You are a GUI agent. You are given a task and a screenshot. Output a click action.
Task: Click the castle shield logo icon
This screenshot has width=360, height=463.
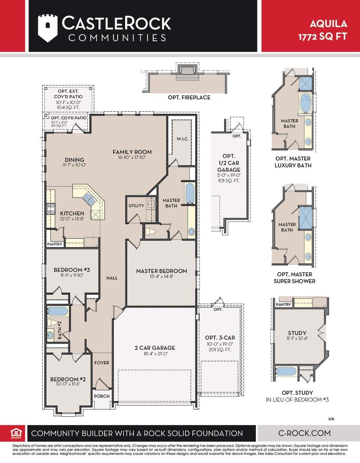48,28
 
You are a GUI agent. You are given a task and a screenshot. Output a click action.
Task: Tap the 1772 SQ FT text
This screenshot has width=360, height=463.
323,37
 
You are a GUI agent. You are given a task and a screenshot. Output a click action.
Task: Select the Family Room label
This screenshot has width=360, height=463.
132,152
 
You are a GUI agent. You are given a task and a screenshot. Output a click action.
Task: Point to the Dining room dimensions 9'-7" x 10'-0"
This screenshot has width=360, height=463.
74,165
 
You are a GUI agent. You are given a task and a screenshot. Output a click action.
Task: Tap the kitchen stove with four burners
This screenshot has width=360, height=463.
51,209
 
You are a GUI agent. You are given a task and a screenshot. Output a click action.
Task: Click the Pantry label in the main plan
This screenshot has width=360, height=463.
55,244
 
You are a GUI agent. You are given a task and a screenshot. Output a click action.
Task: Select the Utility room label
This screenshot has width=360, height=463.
136,206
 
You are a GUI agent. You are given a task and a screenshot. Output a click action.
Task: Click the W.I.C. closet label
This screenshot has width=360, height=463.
182,139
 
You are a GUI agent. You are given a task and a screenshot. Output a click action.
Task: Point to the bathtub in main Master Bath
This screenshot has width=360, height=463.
190,193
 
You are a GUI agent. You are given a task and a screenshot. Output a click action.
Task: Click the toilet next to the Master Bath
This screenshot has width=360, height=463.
151,231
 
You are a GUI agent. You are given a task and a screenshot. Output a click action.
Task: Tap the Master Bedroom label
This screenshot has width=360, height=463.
162,271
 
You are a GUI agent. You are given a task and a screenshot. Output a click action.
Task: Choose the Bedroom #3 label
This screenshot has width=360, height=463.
72,270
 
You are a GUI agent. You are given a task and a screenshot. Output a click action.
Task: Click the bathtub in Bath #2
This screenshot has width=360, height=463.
58,311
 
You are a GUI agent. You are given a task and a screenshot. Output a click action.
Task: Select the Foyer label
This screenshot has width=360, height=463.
102,363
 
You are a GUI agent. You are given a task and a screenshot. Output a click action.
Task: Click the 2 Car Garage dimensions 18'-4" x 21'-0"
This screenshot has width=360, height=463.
155,354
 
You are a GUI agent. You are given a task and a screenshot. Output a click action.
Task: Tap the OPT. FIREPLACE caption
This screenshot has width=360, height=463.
189,97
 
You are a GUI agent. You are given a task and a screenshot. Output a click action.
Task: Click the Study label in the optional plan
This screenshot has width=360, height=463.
297,333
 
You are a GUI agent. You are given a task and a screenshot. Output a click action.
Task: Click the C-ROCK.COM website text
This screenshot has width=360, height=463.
304,433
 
